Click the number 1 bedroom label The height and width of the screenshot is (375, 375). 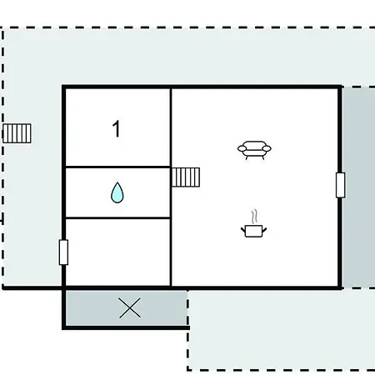(117, 128)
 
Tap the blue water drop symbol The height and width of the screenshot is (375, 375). (117, 192)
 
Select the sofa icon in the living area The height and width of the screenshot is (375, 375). (254, 150)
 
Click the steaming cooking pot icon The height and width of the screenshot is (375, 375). (253, 224)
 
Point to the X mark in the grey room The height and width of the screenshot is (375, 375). (130, 307)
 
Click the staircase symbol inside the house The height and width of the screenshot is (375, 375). (186, 177)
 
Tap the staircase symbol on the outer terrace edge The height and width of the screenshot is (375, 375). (17, 133)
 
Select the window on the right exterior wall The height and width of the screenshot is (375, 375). (341, 185)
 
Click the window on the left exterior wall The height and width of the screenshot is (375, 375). (63, 252)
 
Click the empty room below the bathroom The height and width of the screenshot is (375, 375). (117, 252)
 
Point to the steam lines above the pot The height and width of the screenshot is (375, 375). (254, 217)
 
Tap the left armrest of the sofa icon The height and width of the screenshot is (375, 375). (242, 148)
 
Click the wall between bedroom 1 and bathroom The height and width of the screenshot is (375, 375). (117, 167)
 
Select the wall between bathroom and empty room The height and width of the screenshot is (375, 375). (117, 218)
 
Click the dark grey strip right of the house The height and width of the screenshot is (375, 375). (358, 187)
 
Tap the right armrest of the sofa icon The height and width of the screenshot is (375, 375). (267, 148)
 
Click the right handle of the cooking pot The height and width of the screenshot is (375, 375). (264, 230)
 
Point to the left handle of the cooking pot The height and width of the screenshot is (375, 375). (243, 230)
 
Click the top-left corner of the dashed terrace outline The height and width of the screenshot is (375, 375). (2, 27)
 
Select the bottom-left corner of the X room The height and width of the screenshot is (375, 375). (63, 327)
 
